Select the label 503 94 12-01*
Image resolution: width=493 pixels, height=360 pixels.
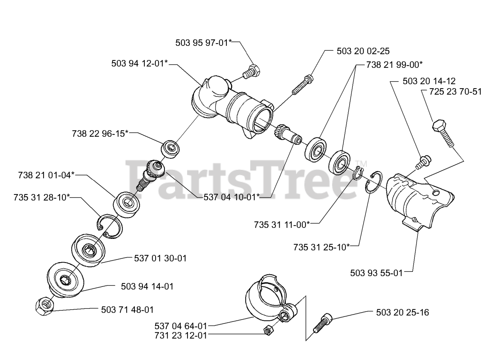[x=139, y=64]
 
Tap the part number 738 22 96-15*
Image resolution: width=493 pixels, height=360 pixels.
[x=100, y=134]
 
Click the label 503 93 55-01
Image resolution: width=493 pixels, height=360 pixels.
[x=376, y=273]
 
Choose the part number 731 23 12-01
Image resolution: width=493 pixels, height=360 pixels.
[x=181, y=335]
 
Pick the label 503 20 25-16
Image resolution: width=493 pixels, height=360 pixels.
[x=402, y=312]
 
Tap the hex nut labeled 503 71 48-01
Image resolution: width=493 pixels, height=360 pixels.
[x=44, y=306]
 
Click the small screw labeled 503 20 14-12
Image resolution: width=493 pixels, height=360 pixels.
[x=424, y=161]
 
